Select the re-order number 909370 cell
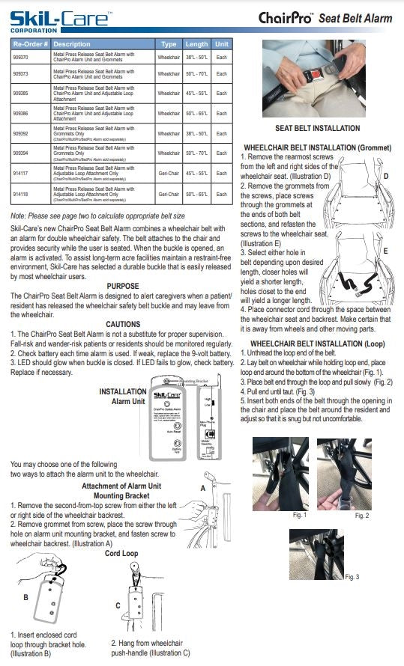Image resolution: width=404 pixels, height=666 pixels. pos(20,56)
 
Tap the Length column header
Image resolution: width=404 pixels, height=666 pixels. pos(196,44)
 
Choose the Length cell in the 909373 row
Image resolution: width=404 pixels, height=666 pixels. pos(196,74)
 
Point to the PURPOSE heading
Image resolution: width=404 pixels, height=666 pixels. pos(123,286)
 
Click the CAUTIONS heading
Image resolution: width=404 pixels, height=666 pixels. pos(123,324)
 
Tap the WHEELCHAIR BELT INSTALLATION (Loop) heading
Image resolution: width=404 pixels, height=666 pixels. pos(317,343)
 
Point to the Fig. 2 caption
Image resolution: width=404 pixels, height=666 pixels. pos(361,516)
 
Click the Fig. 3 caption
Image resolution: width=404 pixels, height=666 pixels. pos(352,576)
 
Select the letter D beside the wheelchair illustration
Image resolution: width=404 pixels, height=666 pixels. pos(385,177)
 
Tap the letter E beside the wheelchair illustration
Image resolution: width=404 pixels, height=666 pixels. pos(385,251)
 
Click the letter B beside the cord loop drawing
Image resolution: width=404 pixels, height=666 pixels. pos(25,597)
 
